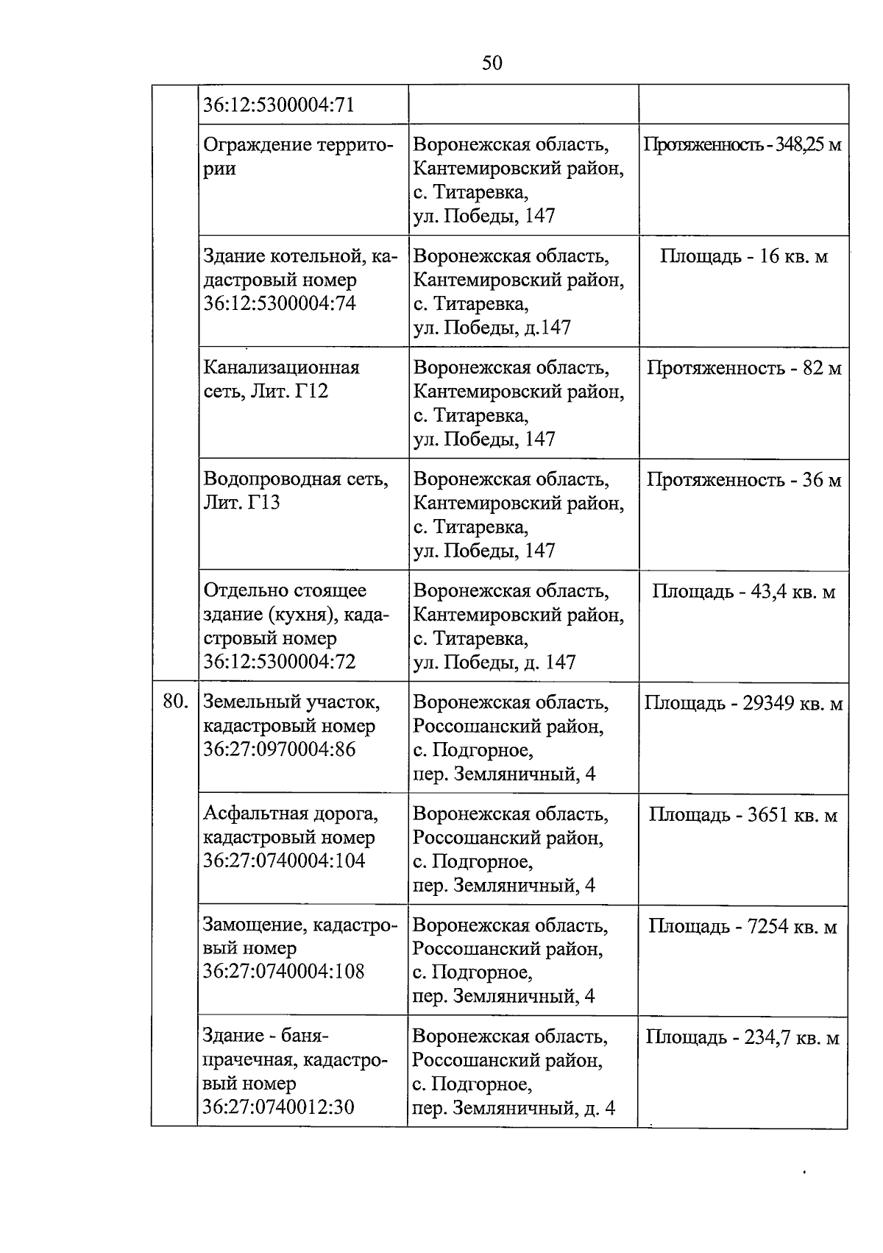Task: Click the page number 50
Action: [492, 63]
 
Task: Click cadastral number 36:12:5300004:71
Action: [279, 105]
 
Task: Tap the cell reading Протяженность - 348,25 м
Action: [742, 144]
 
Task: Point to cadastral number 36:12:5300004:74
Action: [279, 303]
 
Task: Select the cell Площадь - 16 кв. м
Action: [743, 256]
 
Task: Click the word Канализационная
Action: [281, 367]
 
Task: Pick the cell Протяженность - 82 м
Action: [743, 368]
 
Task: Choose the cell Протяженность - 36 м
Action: [743, 480]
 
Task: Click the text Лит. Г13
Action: [241, 503]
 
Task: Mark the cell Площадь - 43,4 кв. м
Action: [743, 591]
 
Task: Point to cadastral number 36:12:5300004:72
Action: [279, 661]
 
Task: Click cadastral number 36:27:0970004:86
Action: [279, 749]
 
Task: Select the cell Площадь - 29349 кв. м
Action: [743, 703]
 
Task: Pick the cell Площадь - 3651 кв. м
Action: [743, 815]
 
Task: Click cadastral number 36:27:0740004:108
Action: [283, 971]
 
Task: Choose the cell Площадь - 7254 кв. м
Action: [743, 926]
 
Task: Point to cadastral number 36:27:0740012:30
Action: [278, 1106]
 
